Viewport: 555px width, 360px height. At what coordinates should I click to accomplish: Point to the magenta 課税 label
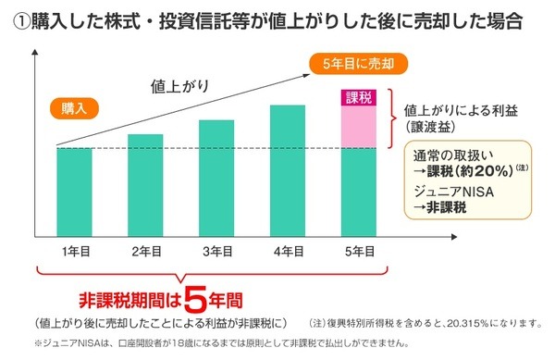pos(358,98)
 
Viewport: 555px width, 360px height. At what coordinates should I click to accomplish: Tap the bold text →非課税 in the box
pos(442,208)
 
